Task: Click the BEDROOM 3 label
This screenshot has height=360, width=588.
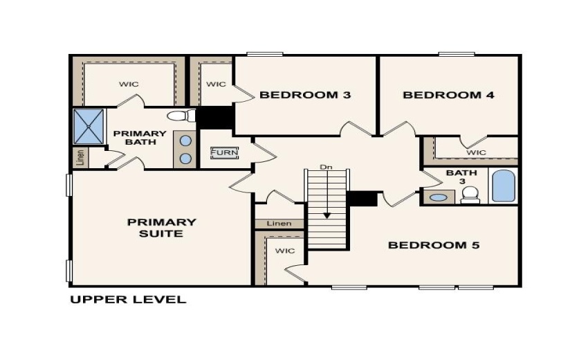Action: point(305,95)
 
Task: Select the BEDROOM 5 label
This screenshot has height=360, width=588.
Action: point(434,245)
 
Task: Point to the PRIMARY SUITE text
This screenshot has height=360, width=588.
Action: point(161,228)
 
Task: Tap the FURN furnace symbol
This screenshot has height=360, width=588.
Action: point(224,152)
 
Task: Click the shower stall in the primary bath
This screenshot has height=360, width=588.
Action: point(89,126)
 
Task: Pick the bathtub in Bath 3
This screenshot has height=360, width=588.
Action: point(503,186)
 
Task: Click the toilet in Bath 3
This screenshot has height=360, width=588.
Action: point(470,194)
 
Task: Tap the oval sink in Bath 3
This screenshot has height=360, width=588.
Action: point(438,197)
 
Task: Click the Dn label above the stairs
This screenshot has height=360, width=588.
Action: point(327,168)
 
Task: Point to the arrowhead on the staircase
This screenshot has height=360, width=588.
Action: point(327,215)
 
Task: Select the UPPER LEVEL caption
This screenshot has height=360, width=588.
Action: point(128,300)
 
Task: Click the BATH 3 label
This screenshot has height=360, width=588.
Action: point(457,177)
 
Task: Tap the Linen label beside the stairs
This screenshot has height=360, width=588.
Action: point(279,224)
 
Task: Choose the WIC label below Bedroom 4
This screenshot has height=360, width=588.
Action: point(476,152)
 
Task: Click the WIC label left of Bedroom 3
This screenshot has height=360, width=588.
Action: point(216,84)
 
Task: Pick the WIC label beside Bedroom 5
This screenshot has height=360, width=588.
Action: point(284,251)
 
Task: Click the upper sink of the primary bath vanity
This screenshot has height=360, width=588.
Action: point(185,141)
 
